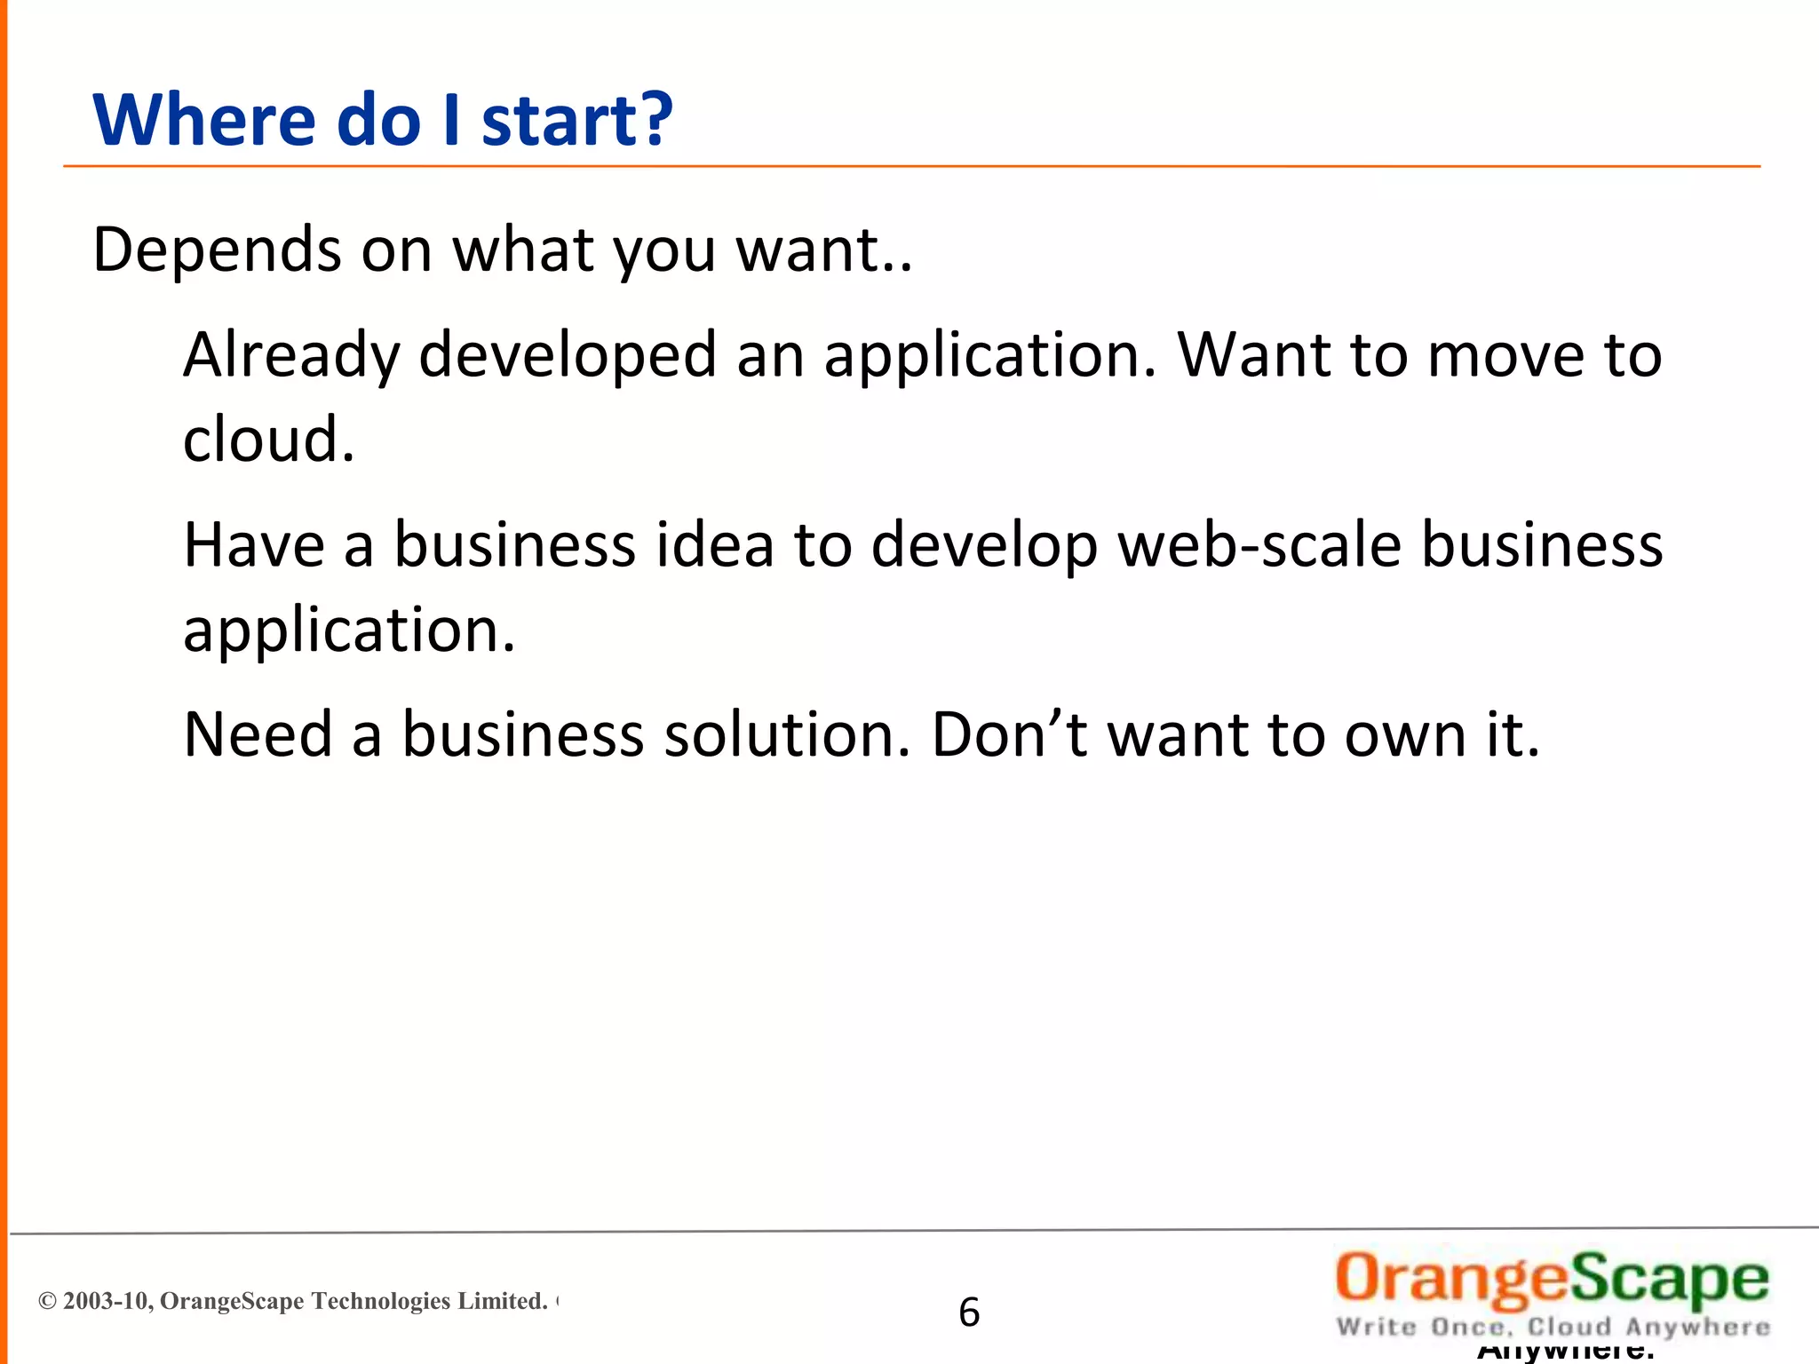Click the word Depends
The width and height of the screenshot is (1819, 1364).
pos(218,250)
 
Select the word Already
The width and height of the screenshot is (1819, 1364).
pos(291,355)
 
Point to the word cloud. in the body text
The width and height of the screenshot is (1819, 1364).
pos(268,440)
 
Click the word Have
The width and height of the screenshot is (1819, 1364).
pos(253,544)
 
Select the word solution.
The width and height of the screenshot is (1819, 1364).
pos(787,735)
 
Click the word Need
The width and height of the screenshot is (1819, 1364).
pos(258,735)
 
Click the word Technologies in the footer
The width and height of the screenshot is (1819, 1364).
pos(381,1302)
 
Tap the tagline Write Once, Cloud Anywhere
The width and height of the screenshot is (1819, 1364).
pos(1553,1328)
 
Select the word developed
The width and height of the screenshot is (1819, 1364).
pos(567,355)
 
